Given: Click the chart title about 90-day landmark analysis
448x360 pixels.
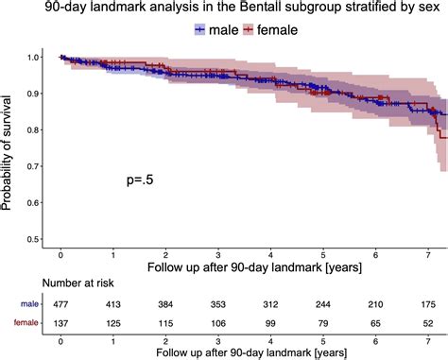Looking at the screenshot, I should click(224, 9).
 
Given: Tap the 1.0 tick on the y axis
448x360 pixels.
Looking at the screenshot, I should click(33, 58).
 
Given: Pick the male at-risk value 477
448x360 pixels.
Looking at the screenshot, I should click(60, 304).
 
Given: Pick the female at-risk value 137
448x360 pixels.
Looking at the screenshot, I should click(60, 325).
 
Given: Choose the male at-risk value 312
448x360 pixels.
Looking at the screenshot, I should click(271, 304).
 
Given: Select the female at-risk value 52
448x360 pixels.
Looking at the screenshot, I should click(429, 325).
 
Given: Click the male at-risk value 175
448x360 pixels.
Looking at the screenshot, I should click(429, 304).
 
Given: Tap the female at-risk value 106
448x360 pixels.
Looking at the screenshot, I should click(218, 325).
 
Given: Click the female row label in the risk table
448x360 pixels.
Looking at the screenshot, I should click(19, 325).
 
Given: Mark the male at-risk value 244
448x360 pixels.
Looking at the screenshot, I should click(323, 304).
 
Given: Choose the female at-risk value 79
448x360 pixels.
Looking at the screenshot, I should click(323, 325).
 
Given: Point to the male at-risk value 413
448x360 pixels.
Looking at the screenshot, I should click(113, 304).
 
